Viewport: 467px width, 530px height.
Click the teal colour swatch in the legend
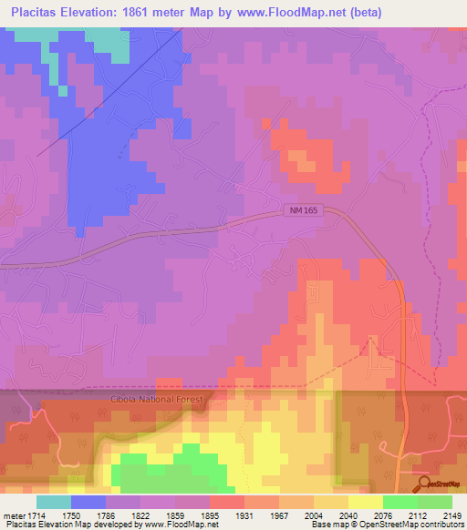[53, 502]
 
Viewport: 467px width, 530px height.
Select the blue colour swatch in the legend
[88, 502]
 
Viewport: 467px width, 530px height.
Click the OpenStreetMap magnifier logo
[422, 484]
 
